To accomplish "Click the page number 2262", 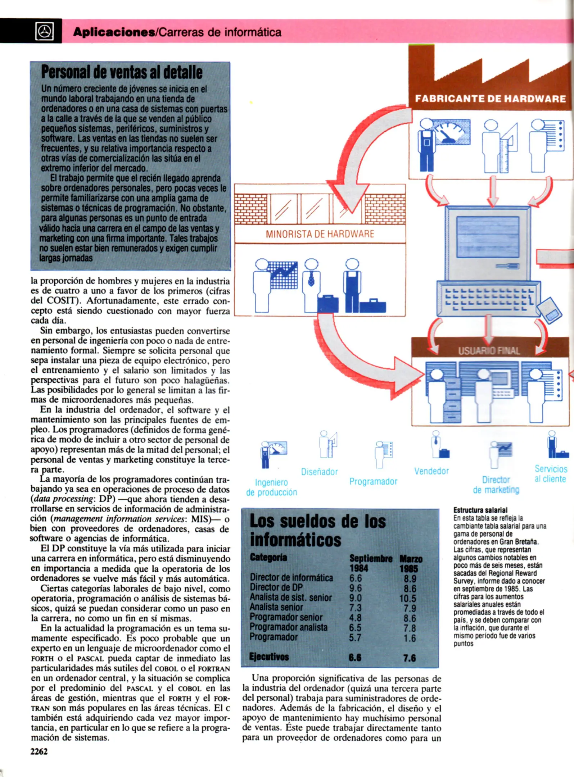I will pos(39,751).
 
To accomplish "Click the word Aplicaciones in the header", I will pos(113,32).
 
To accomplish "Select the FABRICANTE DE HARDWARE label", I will pos(490,99).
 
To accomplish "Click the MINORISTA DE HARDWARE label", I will pos(320,234).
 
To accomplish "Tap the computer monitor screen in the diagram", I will pos(488,236).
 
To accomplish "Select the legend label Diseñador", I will pos(319,472).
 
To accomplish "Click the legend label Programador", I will pos(373,481).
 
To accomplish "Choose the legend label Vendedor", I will pos(431,471).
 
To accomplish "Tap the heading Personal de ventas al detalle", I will pos(122,72).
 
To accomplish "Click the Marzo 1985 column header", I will pos(410,564).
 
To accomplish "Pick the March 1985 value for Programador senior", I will pos(410,618).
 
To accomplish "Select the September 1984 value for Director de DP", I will pos(356,588).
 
